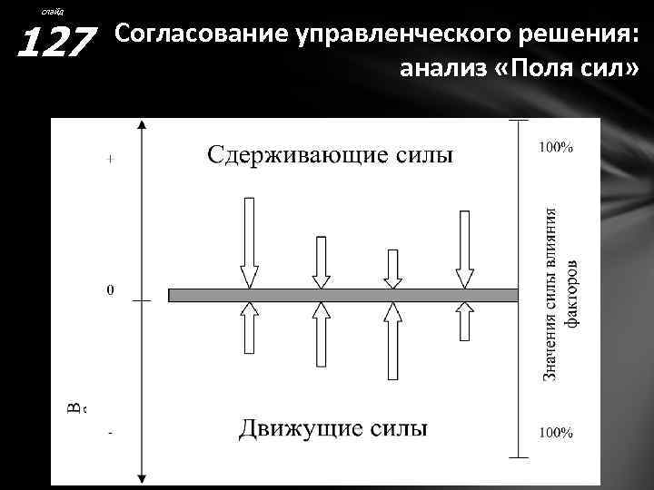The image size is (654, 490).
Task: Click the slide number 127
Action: pyautogui.click(x=56, y=41)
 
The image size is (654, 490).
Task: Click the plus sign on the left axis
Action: pyautogui.click(x=110, y=159)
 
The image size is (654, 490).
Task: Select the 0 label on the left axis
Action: pyautogui.click(x=110, y=291)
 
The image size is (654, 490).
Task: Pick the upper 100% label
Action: pyautogui.click(x=557, y=148)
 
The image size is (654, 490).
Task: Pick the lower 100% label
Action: pyautogui.click(x=557, y=433)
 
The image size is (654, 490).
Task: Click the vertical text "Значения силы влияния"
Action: pyautogui.click(x=550, y=290)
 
